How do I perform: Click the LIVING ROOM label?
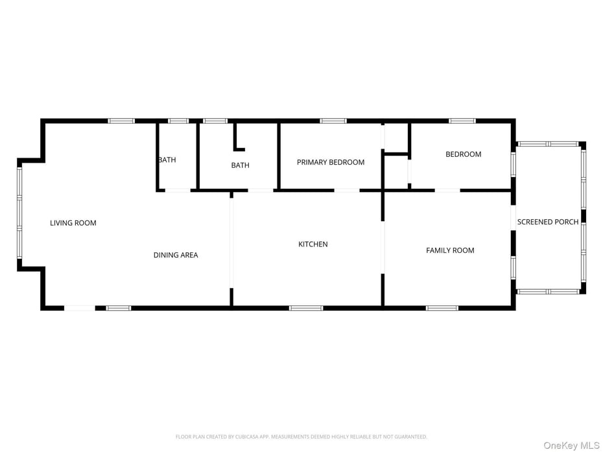coord(73,222)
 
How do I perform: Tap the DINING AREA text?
coord(176,255)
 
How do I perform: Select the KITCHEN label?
coord(313,244)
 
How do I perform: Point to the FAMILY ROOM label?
coord(450,250)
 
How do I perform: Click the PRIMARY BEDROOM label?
coord(331,162)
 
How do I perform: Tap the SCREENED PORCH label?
coord(548,222)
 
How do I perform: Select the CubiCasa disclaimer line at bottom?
coord(301,436)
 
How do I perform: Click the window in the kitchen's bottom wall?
coord(306,308)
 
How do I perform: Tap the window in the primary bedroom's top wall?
coord(333,121)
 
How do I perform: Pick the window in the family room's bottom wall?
coord(442,308)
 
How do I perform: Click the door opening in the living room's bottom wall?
coord(80,308)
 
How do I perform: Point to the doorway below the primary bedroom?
coord(346,190)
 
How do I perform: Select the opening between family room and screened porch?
coord(513,218)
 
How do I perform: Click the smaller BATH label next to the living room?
coord(167,160)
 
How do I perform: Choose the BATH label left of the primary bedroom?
coord(241,165)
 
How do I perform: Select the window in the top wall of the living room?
coord(121,121)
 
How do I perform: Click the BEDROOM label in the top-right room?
coord(464,154)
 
